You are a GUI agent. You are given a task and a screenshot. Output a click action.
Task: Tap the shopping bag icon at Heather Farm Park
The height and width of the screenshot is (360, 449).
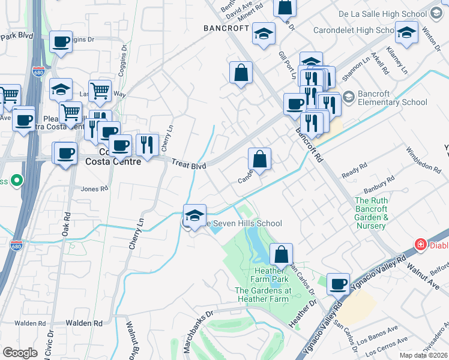point(281,254)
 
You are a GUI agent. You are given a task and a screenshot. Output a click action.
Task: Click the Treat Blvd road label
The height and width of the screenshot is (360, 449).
point(188,164)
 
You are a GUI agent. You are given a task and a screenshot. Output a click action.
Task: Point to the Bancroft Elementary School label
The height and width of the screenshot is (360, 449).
point(393,98)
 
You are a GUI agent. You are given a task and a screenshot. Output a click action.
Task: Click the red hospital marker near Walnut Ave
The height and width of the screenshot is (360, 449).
point(421,244)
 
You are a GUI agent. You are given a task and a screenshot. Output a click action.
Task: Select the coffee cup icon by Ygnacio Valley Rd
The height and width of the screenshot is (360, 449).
point(339,283)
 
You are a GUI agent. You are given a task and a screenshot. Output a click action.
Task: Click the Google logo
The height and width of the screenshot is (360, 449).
point(20,353)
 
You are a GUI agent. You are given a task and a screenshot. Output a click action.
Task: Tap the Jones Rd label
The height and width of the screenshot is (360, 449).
point(94,188)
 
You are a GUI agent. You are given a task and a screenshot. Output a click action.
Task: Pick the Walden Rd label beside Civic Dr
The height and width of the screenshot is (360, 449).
point(84,323)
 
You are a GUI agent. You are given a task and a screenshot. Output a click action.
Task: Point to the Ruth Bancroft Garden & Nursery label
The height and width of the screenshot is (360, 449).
point(370,213)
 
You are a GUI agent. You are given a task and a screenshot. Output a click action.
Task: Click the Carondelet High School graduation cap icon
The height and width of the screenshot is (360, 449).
point(406,33)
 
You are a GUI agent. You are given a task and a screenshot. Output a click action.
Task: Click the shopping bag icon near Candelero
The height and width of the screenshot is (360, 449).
point(259,160)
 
